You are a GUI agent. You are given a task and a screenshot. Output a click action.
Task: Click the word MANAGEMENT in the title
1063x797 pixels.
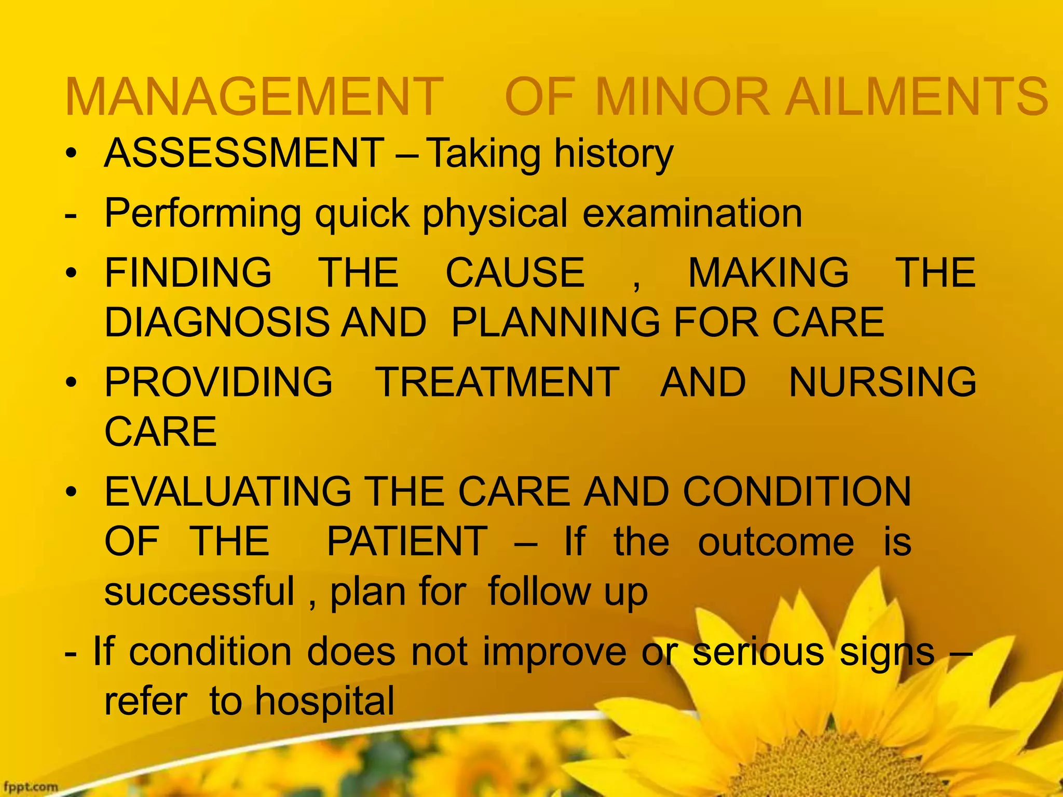click(254, 97)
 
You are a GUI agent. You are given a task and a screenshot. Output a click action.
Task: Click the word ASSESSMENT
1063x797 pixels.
click(244, 154)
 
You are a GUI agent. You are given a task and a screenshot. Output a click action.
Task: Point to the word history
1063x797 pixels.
click(614, 155)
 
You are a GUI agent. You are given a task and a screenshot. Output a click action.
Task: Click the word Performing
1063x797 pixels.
click(202, 214)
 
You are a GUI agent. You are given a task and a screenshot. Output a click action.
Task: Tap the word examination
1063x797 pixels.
click(692, 213)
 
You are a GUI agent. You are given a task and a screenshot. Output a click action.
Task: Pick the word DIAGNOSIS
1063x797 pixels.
click(217, 322)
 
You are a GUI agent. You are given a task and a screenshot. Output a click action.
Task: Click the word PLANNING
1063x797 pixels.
click(555, 322)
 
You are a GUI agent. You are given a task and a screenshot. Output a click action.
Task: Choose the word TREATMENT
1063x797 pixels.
click(497, 382)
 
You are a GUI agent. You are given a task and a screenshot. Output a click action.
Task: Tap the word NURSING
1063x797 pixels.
click(882, 382)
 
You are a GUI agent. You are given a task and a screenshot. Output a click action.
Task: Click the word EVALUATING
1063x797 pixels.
click(228, 491)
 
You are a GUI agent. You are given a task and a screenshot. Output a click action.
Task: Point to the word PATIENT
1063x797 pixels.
click(407, 541)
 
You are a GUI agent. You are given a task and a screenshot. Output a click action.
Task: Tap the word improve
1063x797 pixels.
click(554, 652)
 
